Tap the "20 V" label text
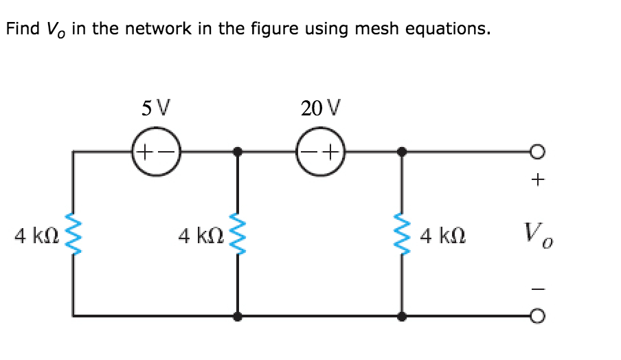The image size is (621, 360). click(x=320, y=108)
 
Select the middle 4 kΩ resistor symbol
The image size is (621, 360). click(x=238, y=234)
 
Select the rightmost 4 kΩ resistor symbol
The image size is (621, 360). click(x=402, y=234)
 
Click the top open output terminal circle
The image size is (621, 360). click(x=539, y=151)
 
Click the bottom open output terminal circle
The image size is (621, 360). click(x=539, y=317)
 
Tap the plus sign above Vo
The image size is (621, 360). click(x=539, y=181)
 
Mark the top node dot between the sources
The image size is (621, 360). click(x=238, y=151)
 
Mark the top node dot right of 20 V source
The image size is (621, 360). click(x=402, y=151)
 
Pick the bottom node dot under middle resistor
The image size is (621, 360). click(x=238, y=317)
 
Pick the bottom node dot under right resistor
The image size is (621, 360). click(x=402, y=317)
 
